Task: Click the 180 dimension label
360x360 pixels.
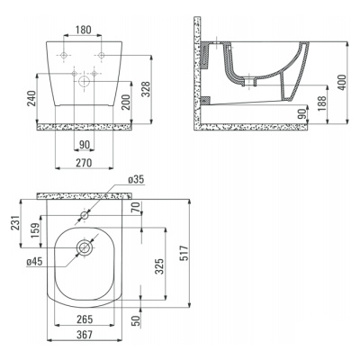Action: click(84, 30)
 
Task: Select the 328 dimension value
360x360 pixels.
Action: click(146, 89)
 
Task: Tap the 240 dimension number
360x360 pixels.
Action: click(31, 98)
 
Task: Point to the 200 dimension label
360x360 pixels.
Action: click(126, 102)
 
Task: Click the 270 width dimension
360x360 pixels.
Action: click(84, 163)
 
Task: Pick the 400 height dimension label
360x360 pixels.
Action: click(342, 82)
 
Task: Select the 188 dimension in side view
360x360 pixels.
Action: click(322, 103)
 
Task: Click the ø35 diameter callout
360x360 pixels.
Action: click(136, 179)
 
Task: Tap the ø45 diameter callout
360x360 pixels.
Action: click(34, 262)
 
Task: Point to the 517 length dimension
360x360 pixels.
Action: click(184, 253)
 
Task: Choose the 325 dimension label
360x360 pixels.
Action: click(159, 266)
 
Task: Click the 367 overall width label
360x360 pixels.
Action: click(85, 335)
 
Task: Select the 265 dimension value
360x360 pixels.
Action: click(85, 319)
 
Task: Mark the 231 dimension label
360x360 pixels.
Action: click(16, 222)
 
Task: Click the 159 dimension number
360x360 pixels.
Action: click(35, 230)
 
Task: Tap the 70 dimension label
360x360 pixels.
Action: click(136, 207)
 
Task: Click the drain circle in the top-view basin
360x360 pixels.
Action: click(85, 247)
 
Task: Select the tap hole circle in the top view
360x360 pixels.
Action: click(85, 215)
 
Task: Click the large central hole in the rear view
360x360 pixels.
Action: click(85, 81)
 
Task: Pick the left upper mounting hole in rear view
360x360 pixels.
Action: click(64, 55)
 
